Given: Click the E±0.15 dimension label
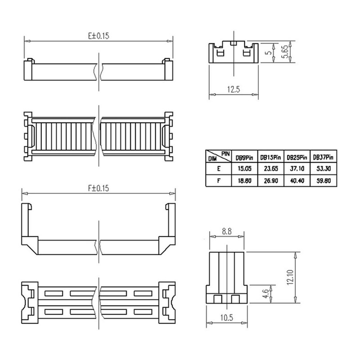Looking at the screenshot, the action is pos(99,36).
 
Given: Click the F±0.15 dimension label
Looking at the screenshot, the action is pos(99,188).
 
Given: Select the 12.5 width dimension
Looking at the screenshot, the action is pos(234,89).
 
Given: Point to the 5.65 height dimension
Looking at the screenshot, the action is pos(284,52).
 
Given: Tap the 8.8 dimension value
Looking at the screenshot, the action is pos(227,231).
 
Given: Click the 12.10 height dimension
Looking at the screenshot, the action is pos(290,277).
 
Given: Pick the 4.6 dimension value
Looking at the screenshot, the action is pos(265,294).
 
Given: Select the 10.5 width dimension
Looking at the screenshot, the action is pos(227,318).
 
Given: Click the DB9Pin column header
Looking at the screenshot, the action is pos(244,158).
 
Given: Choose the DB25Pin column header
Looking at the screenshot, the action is pos(297,157).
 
